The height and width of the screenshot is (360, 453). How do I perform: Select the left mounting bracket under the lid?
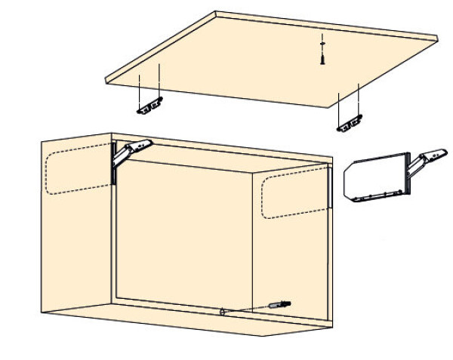coord(149,106)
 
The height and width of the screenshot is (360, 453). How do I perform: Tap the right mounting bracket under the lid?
coord(350,123)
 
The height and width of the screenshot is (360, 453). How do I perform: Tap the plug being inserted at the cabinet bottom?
coord(276,304)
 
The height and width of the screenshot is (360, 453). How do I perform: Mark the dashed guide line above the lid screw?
coord(322,38)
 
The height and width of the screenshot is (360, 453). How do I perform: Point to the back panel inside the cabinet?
coord(181,226)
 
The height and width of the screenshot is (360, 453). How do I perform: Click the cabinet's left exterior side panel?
coord(75,242)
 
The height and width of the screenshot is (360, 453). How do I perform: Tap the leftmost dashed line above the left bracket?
coord(140,88)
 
